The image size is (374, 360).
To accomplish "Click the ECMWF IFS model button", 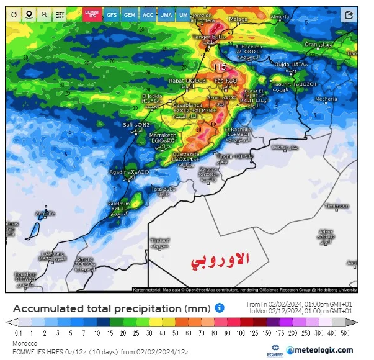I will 92,14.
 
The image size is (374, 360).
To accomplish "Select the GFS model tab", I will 112,14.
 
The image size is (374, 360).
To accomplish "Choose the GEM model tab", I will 130,14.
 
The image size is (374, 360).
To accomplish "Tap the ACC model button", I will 148,14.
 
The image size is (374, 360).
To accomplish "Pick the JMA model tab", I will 166,14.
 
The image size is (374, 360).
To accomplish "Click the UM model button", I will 184,14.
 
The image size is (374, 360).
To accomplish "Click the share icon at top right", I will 352,13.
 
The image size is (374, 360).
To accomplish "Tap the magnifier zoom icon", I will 44,14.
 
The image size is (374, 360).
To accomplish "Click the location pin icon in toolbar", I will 29,14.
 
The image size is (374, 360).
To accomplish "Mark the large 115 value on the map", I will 220,66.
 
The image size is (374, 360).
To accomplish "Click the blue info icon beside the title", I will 219,308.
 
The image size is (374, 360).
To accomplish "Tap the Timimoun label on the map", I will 337,205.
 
